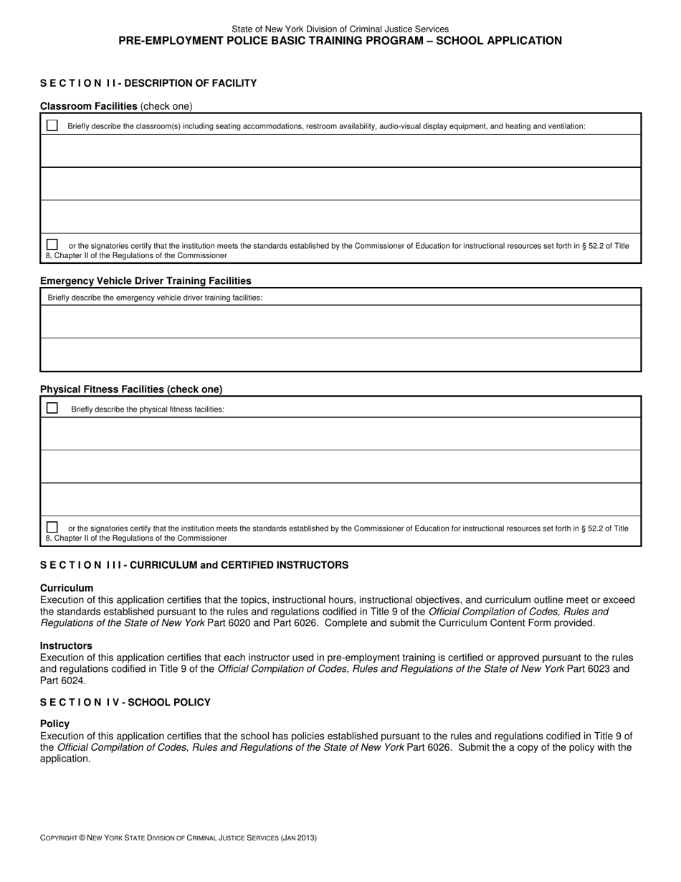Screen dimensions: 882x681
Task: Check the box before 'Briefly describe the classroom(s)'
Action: click(52, 125)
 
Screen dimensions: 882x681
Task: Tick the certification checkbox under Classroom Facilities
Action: click(52, 245)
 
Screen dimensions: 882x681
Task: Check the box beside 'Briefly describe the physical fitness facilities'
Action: click(52, 408)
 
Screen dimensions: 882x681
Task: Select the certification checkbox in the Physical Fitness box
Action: click(52, 527)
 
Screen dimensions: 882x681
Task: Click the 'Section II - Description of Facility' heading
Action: click(148, 83)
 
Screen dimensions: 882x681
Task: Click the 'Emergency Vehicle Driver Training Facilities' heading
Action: click(146, 280)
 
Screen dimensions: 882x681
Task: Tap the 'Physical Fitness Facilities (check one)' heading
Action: click(131, 389)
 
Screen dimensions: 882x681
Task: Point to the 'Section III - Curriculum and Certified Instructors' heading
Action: click(194, 565)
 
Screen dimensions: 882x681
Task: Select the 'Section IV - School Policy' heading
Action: click(125, 702)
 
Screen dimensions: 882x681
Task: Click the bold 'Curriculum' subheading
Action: click(67, 588)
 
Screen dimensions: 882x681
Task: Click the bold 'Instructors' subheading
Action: click(66, 645)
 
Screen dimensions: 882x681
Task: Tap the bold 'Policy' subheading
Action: click(54, 724)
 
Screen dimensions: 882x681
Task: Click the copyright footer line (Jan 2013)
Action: click(178, 838)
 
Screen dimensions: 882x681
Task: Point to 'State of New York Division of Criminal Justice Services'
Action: click(340, 29)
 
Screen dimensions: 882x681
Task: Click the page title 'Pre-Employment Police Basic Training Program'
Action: click(340, 41)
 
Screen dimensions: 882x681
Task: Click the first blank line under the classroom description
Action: click(340, 151)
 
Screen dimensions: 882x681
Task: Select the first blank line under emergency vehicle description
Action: click(340, 321)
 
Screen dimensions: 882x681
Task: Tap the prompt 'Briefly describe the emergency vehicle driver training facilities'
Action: click(155, 298)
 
